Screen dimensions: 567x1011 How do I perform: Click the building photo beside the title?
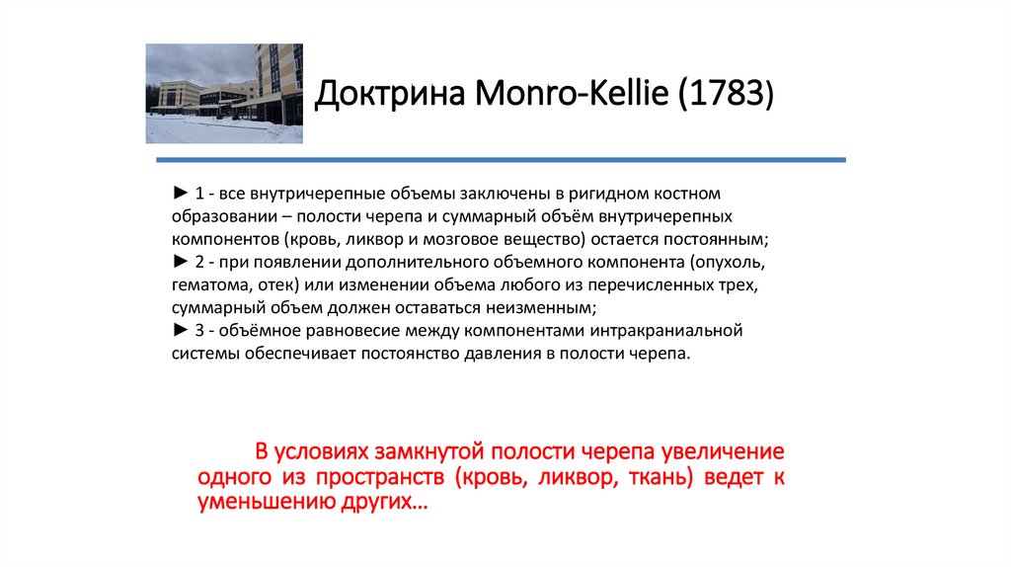224,94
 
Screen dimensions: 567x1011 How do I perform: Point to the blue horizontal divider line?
496,159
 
